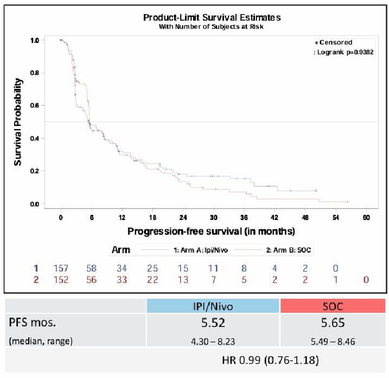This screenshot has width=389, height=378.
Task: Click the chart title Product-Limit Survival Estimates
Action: [212, 17]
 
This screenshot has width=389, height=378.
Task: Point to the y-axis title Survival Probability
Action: [18, 122]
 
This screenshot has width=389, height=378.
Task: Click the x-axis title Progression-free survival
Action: [211, 231]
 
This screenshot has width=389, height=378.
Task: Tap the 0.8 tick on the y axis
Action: [34, 73]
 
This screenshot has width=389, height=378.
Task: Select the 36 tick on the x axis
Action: [244, 217]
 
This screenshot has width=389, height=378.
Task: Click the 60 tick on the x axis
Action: [366, 217]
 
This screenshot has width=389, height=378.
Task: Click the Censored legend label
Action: [335, 42]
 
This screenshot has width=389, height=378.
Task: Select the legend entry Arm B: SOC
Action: [291, 250]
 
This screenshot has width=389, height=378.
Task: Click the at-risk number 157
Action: [61, 268]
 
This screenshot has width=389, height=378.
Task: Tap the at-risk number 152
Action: [61, 280]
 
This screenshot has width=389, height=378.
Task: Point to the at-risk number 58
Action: [92, 268]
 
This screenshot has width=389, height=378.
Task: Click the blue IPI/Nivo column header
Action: [213, 305]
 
